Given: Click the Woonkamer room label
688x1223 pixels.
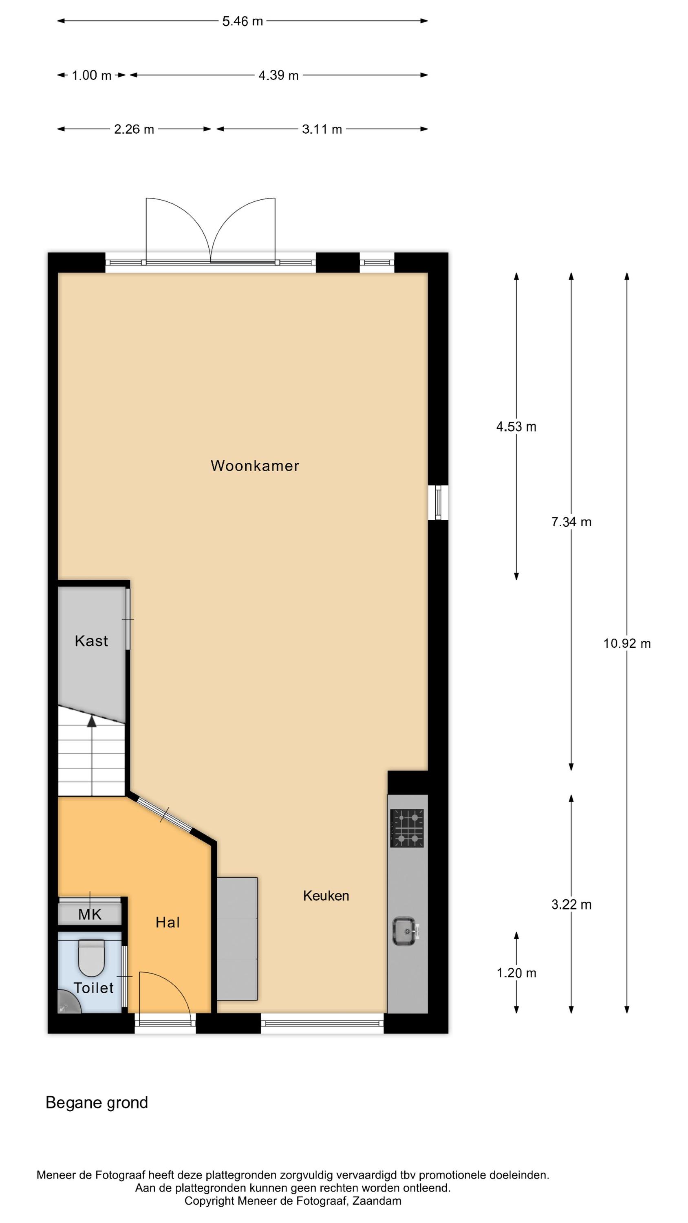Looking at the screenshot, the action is coord(255,465).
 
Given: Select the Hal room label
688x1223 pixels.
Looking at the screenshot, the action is coord(168,922).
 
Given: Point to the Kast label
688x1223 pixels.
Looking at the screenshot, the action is coord(91,641).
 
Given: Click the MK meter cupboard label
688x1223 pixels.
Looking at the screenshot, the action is coord(90,914).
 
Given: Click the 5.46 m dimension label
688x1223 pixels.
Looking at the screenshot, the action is coord(242,21).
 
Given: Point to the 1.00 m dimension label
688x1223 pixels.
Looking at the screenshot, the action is coord(91,75).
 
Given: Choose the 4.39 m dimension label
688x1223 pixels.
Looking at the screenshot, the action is coord(278,75).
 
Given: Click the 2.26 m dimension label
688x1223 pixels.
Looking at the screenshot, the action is coord(134,129).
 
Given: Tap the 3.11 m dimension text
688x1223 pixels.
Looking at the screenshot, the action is coord(322,129).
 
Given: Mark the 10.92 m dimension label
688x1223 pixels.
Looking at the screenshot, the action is coord(627,643).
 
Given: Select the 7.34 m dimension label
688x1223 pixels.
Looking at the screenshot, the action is coord(571,522).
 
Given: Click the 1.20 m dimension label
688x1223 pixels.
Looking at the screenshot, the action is coord(516,973).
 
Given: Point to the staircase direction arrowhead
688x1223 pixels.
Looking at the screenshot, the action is coord(92,721).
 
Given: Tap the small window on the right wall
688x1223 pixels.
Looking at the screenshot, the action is coord(438,502).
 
